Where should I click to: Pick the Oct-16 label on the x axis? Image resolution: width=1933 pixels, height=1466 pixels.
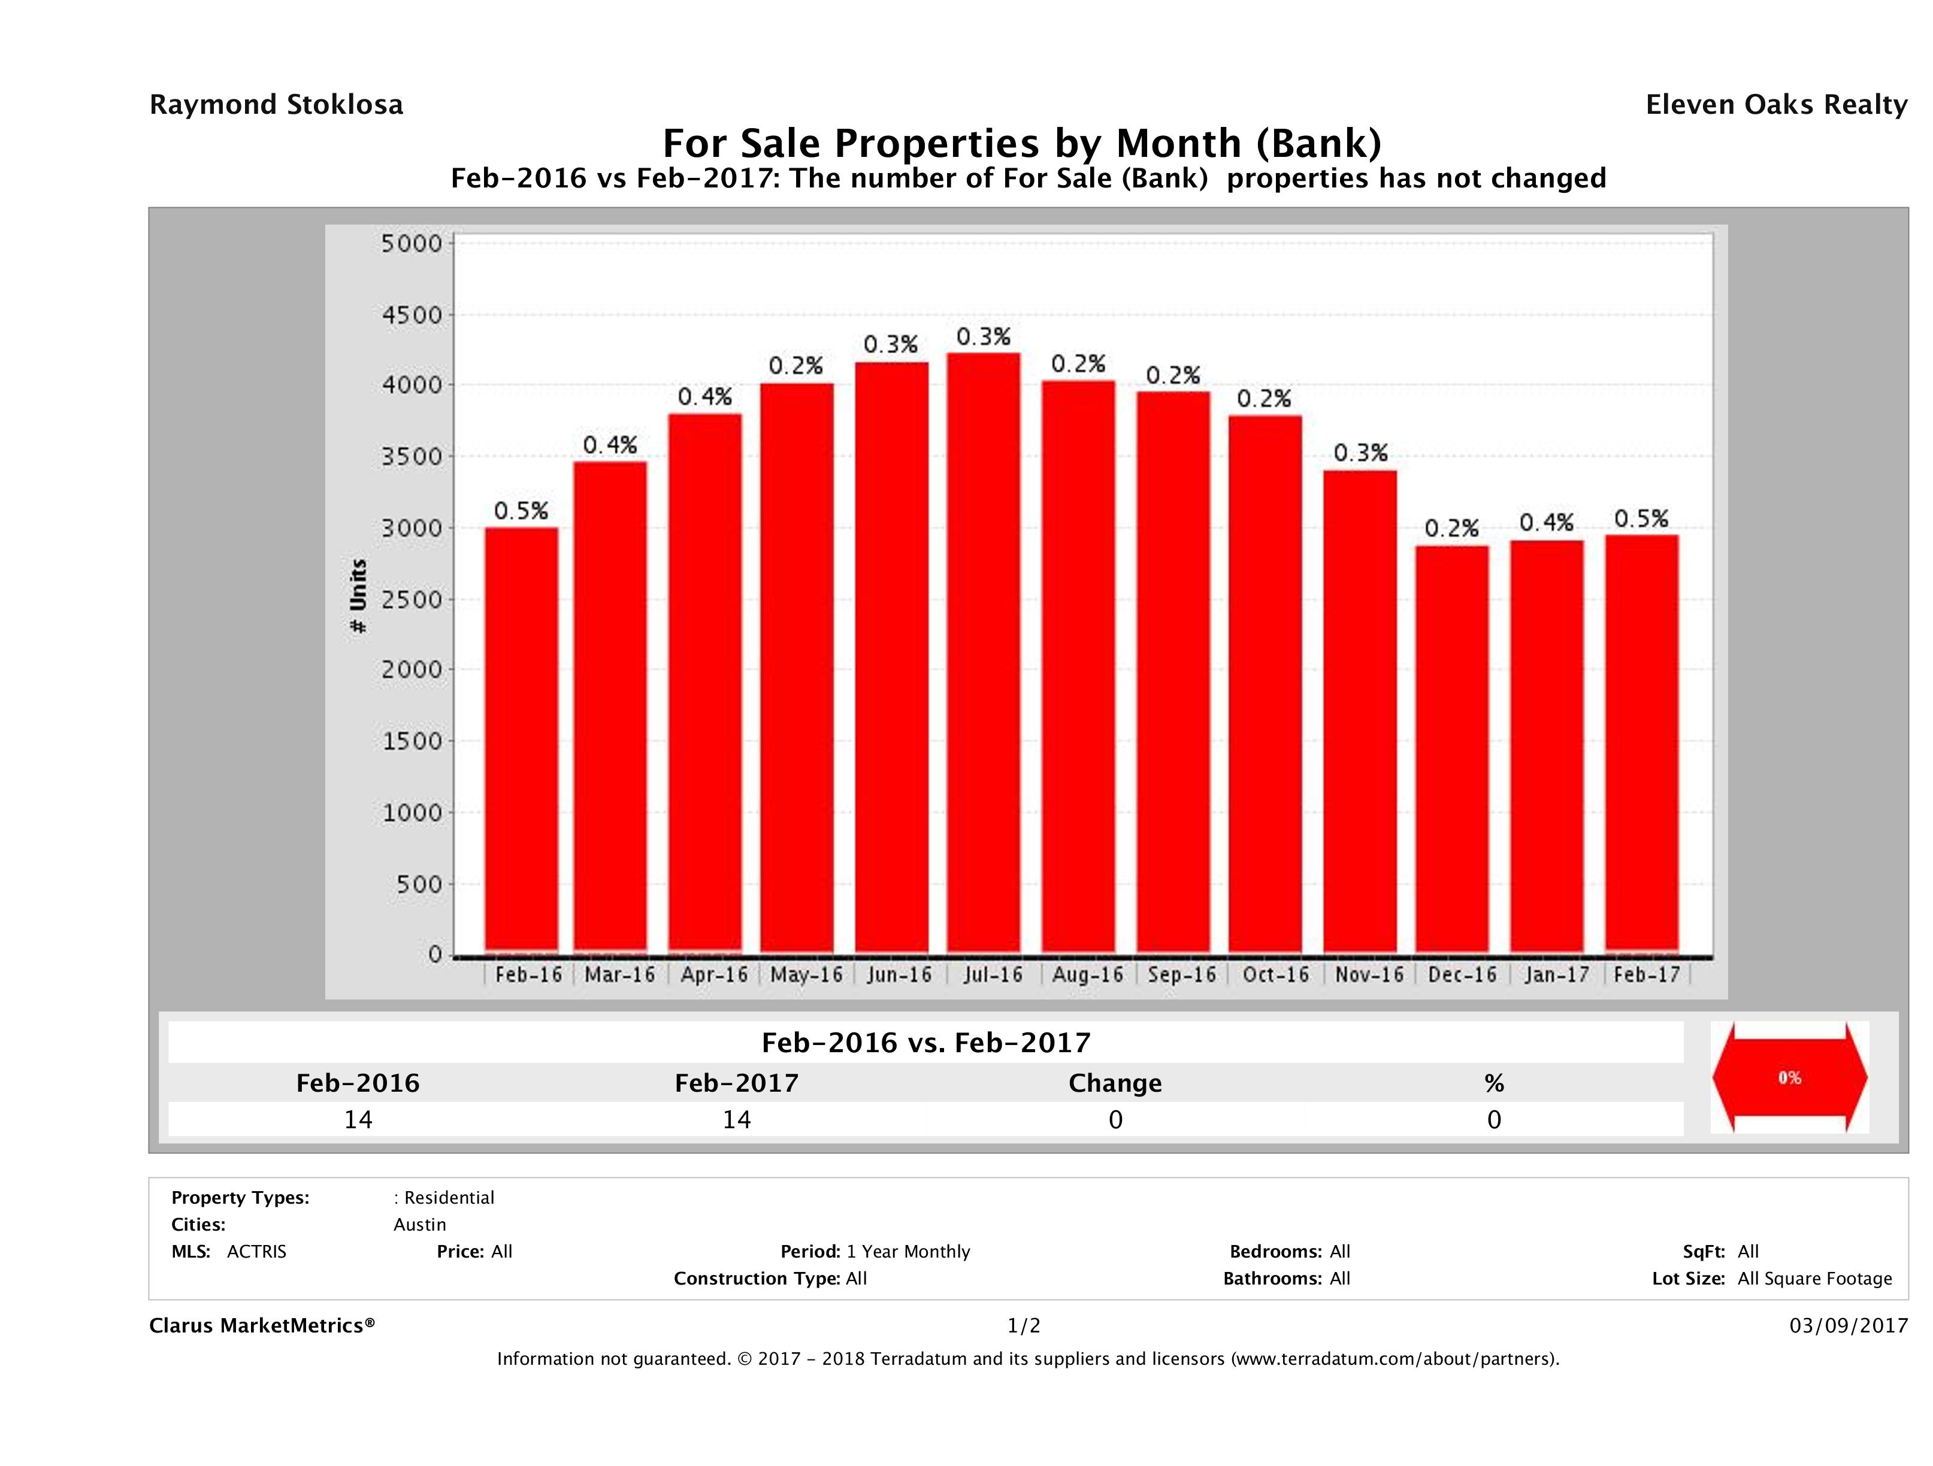pos(1275,974)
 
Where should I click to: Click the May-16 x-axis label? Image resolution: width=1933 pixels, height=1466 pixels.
pos(806,974)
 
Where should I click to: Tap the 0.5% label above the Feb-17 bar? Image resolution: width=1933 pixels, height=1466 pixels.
pos(1641,519)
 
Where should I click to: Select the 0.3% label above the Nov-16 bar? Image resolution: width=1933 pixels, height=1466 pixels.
pos(1360,453)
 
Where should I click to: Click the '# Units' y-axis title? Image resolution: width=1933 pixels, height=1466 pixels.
pos(358,596)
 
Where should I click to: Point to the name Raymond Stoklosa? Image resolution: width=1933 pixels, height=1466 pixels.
pos(276,105)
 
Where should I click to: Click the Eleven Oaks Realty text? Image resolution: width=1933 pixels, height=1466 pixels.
pos(1775,105)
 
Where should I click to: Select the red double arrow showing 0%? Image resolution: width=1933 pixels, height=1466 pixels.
pos(1789,1078)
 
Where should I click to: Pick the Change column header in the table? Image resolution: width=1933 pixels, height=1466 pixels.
pos(1115,1083)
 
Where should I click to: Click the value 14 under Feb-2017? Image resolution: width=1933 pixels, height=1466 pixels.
pos(737,1119)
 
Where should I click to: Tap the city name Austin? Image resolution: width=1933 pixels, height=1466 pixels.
pos(419,1225)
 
